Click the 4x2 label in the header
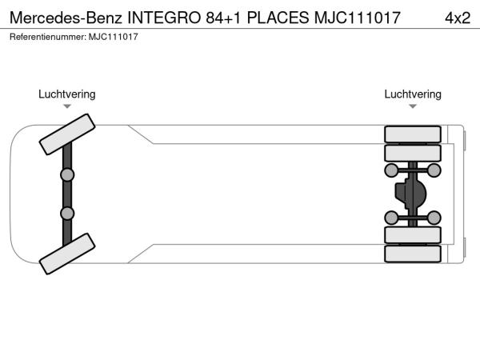click(458, 18)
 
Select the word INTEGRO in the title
click(164, 18)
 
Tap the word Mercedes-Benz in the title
click(66, 18)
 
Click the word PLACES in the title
click(278, 18)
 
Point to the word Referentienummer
click(48, 37)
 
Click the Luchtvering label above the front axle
click(67, 94)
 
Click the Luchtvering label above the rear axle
click(413, 94)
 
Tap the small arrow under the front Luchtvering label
click(67, 106)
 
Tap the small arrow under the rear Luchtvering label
click(413, 106)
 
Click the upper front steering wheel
click(67, 134)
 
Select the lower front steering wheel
click(67, 254)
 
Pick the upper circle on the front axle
click(67, 174)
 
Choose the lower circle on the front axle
click(67, 214)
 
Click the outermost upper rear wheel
click(413, 134)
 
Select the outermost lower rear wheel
click(413, 254)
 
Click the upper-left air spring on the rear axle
click(391, 170)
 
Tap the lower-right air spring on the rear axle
click(434, 218)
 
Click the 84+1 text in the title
click(223, 18)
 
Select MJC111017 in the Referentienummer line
click(114, 37)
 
